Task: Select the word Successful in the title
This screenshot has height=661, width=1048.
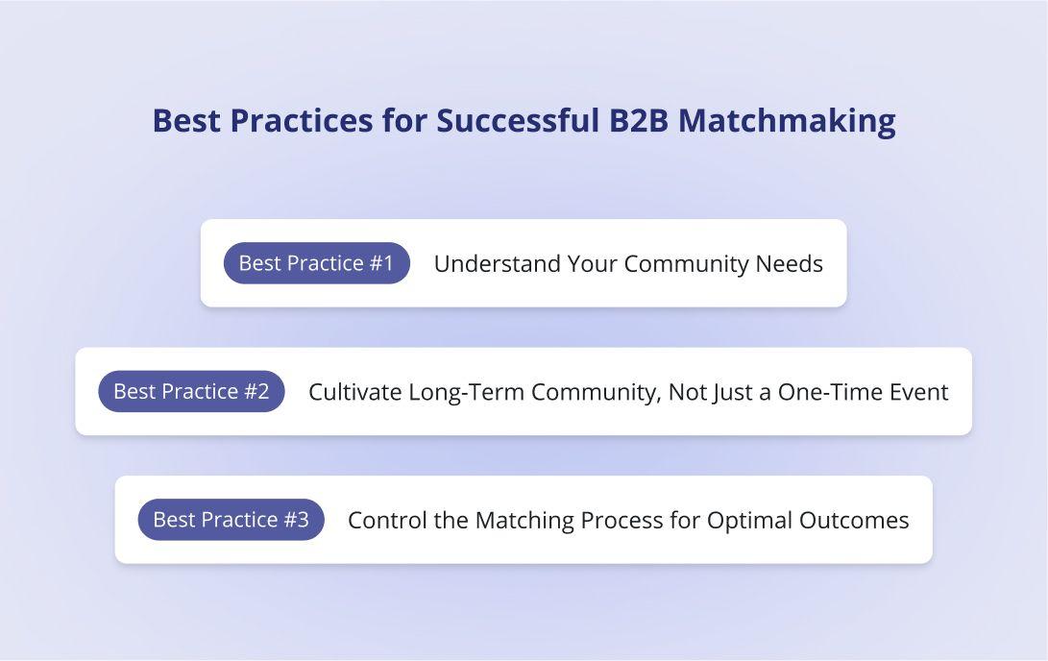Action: [518, 121]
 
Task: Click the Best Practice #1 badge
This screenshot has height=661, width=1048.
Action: [317, 263]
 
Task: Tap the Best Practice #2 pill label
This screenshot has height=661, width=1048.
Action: [191, 391]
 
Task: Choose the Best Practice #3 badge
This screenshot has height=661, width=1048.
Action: [231, 520]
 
